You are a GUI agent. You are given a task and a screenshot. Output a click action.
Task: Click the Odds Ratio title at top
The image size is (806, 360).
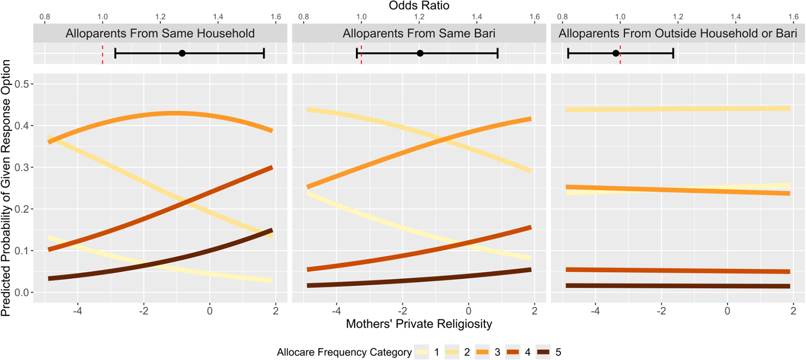pyautogui.click(x=419, y=6)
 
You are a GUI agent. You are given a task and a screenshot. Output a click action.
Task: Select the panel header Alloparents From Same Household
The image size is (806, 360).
pyautogui.click(x=160, y=34)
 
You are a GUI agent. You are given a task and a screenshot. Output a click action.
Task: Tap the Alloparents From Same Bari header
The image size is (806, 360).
pyautogui.click(x=419, y=34)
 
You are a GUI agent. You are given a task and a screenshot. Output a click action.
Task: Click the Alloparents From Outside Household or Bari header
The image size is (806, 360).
pyautogui.click(x=678, y=34)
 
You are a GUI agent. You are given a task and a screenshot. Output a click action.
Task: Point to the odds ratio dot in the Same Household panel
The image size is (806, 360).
pyautogui.click(x=182, y=53)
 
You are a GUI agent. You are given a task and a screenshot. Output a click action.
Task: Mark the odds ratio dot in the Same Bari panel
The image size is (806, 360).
pyautogui.click(x=420, y=53)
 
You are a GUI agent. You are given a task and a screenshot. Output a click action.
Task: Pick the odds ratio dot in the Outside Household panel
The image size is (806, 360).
pyautogui.click(x=616, y=53)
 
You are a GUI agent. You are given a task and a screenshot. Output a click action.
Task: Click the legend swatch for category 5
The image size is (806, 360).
pyautogui.click(x=543, y=352)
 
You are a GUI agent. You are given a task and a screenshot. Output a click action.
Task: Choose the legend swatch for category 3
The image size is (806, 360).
pyautogui.click(x=482, y=352)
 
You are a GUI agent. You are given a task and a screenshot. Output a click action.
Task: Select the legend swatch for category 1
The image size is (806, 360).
pyautogui.click(x=421, y=352)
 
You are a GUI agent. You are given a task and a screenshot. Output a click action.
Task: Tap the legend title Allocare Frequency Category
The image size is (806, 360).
pyautogui.click(x=344, y=352)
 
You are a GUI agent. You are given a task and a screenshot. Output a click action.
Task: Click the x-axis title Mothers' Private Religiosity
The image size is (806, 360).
pyautogui.click(x=419, y=324)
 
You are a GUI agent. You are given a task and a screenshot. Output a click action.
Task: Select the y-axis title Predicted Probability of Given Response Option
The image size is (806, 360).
pyautogui.click(x=6, y=188)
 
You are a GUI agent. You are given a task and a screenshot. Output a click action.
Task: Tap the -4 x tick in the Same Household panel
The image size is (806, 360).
pyautogui.click(x=78, y=310)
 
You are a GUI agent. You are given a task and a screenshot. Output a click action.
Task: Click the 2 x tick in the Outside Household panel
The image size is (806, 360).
pyautogui.click(x=793, y=310)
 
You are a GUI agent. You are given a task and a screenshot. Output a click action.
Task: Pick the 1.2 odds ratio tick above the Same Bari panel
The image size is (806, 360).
pyautogui.click(x=419, y=17)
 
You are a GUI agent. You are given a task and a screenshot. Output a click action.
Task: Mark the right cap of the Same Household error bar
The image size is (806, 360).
pyautogui.click(x=264, y=53)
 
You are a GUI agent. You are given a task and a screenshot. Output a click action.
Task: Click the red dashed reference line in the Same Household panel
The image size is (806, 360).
pyautogui.click(x=103, y=53)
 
